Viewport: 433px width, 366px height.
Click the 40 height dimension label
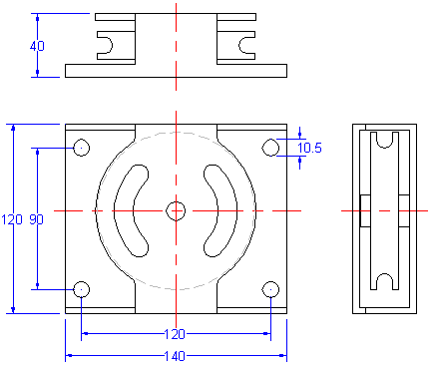(x=37, y=46)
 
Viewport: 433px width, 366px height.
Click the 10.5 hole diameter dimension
(x=310, y=148)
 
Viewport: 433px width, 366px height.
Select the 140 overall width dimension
(x=176, y=356)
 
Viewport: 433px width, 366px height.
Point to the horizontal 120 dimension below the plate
(x=176, y=335)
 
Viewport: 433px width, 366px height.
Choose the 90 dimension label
(x=36, y=219)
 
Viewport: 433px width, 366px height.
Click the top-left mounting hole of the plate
(x=82, y=148)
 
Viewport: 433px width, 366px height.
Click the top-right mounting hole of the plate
(x=270, y=148)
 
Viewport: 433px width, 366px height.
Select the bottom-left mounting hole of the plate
(x=82, y=289)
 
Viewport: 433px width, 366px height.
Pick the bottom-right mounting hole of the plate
(x=270, y=289)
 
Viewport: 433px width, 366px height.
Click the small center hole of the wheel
(x=176, y=210)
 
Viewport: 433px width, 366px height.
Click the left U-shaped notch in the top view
(x=107, y=42)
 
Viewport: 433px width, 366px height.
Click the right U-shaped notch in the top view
(x=245, y=42)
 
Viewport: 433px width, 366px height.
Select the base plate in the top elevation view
(x=176, y=70)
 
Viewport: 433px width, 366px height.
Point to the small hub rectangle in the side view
(x=365, y=210)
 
